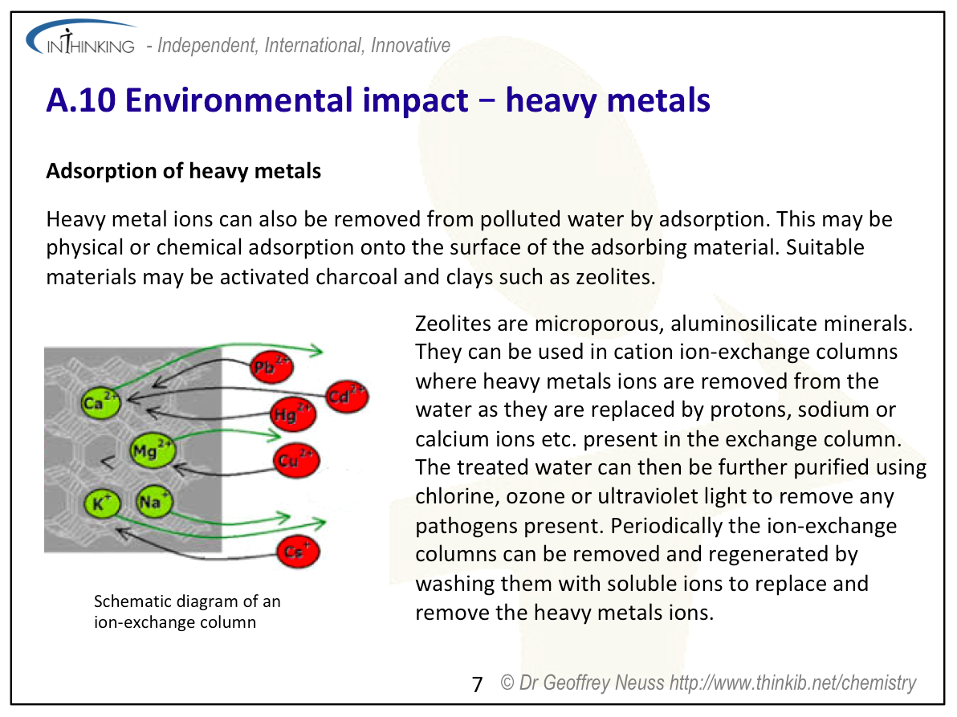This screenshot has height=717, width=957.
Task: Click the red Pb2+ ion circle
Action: click(271, 366)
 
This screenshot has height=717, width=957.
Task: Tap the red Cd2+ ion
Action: click(347, 397)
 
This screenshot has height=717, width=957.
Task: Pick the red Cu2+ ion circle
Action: click(296, 460)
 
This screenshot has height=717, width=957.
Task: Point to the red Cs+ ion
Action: click(299, 552)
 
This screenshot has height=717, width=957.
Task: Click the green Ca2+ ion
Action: click(100, 401)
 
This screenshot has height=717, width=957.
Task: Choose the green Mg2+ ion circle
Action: click(153, 450)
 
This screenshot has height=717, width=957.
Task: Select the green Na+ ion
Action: click(154, 502)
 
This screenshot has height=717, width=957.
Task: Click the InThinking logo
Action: click(81, 38)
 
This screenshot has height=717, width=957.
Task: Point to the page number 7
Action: click(477, 685)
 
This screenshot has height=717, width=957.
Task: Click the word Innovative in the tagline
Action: click(410, 45)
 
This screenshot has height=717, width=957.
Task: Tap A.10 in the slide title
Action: click(80, 100)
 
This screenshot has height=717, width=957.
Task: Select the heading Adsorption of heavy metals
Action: click(184, 171)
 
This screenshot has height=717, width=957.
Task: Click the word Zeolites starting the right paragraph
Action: click(452, 324)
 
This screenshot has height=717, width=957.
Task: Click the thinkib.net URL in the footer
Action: click(793, 682)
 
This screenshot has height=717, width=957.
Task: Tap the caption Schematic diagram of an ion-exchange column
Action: click(187, 612)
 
